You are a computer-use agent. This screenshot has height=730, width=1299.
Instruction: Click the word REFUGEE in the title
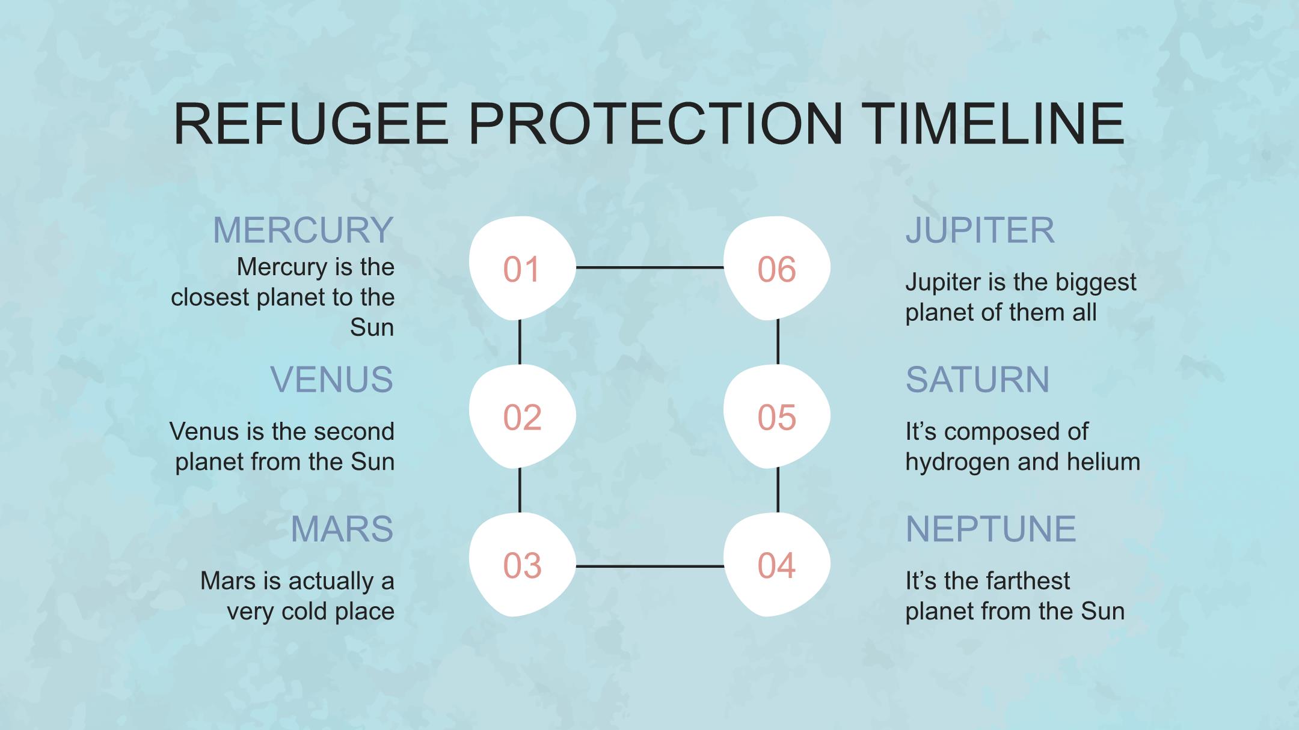click(x=311, y=123)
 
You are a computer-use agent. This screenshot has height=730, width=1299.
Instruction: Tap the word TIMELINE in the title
click(x=993, y=123)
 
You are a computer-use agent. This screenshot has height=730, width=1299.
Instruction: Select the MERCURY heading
click(x=303, y=230)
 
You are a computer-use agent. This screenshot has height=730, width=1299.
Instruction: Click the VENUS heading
click(x=331, y=380)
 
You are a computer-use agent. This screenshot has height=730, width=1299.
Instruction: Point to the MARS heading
click(x=342, y=529)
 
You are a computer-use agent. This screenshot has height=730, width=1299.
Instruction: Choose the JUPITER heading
click(x=980, y=230)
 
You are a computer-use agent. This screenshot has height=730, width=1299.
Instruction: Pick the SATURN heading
click(x=978, y=380)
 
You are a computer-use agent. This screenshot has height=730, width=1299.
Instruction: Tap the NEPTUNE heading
click(x=991, y=529)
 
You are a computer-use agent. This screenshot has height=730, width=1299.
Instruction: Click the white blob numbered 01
click(x=522, y=268)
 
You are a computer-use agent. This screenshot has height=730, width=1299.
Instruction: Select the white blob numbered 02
click(x=522, y=416)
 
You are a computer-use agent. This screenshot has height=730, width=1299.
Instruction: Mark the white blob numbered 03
click(x=522, y=565)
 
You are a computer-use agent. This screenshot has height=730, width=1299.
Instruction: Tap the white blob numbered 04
click(x=776, y=565)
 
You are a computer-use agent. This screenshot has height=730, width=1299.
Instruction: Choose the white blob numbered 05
click(x=776, y=416)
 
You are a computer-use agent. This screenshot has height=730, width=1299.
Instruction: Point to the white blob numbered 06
click(x=776, y=268)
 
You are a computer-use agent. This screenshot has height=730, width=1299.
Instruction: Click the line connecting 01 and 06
click(x=649, y=267)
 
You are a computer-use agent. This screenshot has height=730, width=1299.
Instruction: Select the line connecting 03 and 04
click(x=649, y=566)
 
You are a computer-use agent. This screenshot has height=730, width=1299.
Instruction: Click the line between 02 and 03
click(x=520, y=490)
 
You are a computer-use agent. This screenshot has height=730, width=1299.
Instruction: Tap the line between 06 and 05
click(x=778, y=342)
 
